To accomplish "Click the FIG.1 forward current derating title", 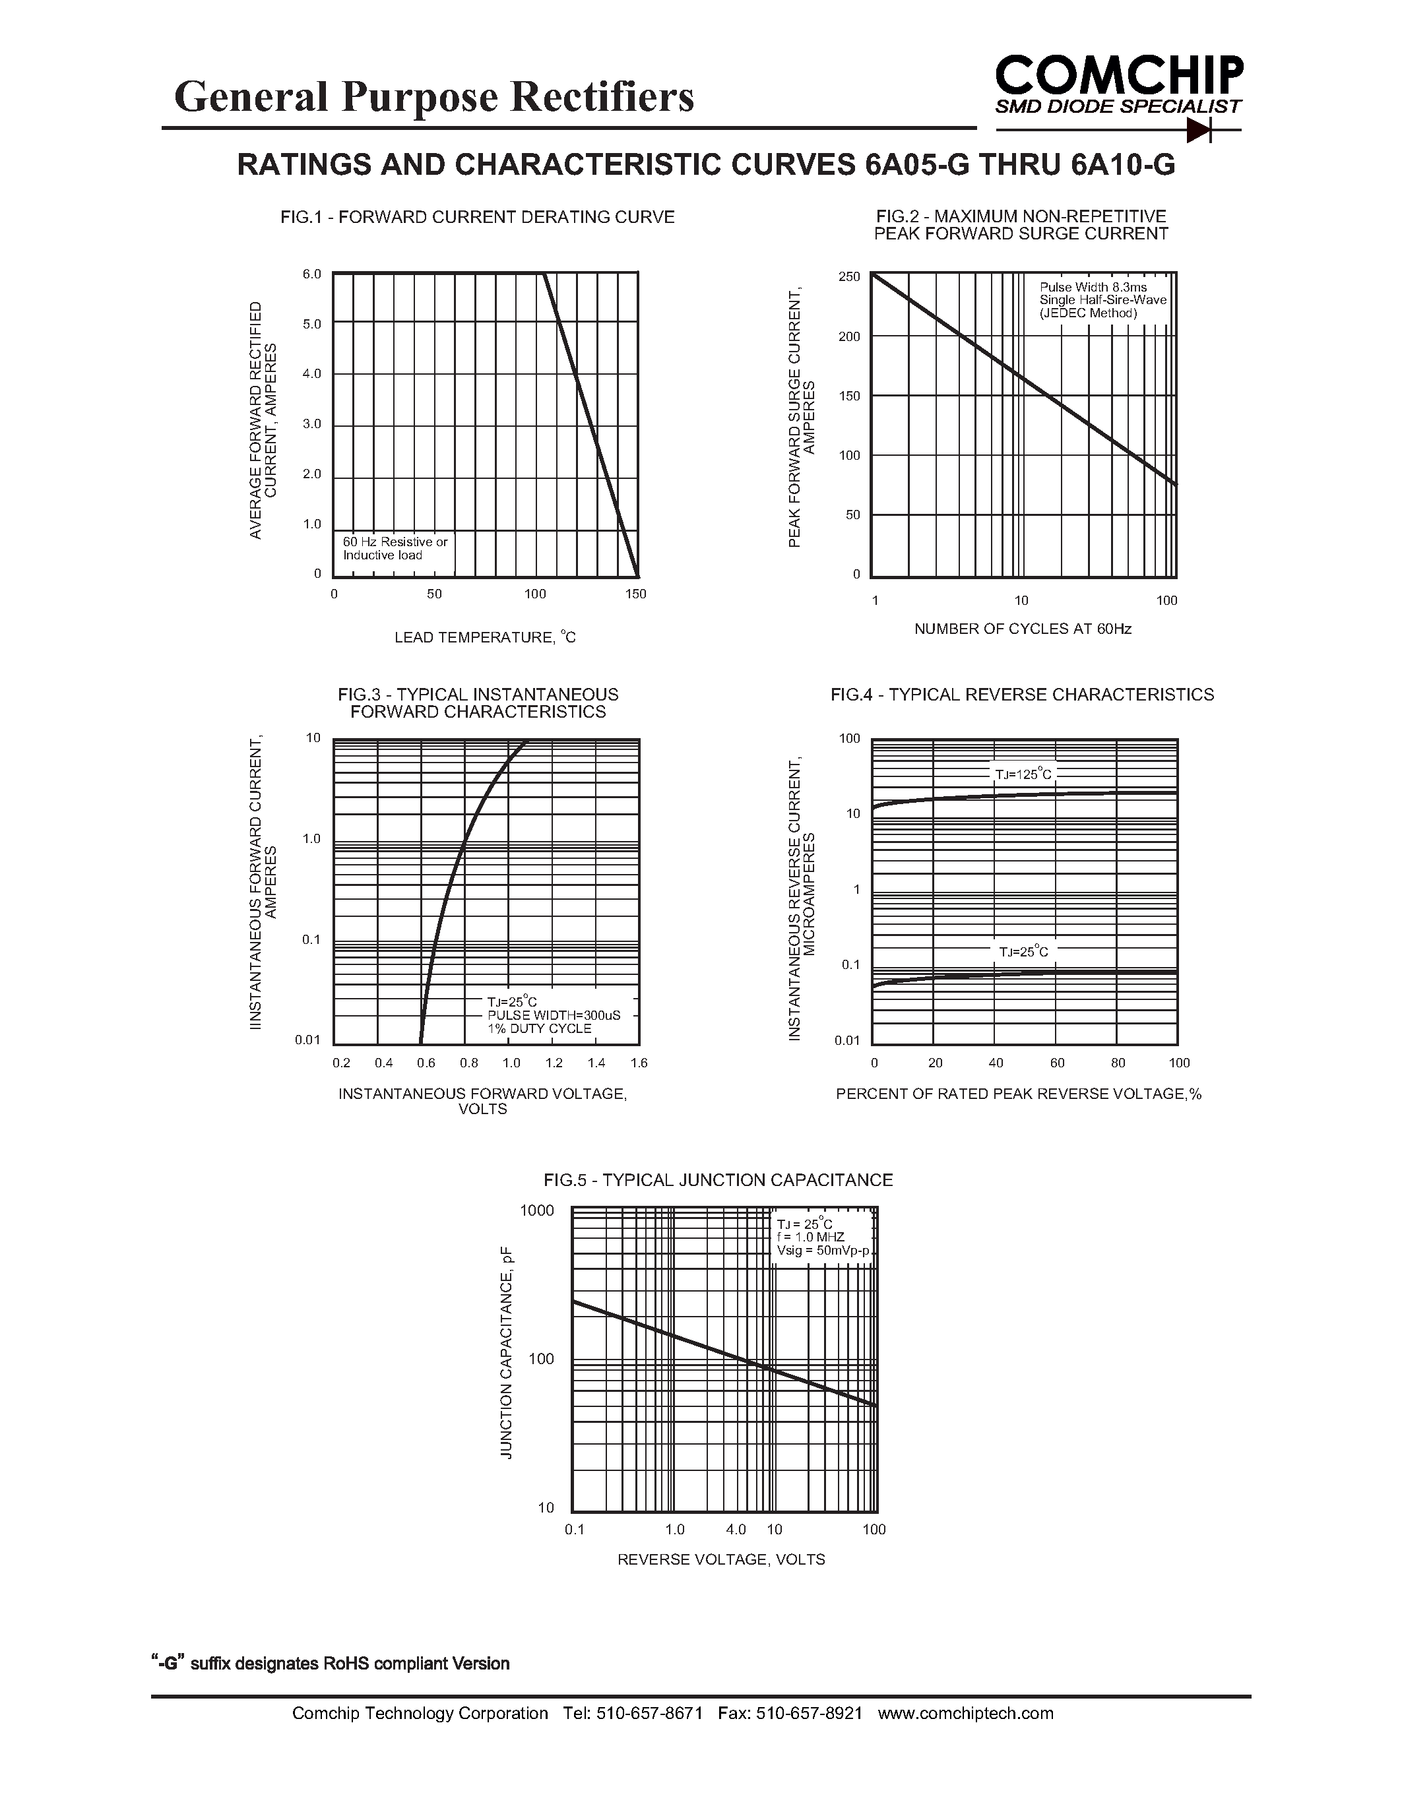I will pyautogui.click(x=477, y=218).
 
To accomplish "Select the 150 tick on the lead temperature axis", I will pyautogui.click(x=636, y=594).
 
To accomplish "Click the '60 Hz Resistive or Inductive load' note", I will pyautogui.click(x=395, y=548).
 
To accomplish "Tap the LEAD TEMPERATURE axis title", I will pyautogui.click(x=484, y=637).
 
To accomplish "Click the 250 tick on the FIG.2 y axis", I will pyautogui.click(x=849, y=276).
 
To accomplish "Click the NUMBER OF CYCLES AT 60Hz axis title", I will pyautogui.click(x=1023, y=629).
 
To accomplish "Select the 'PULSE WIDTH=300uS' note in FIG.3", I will pyautogui.click(x=553, y=1015).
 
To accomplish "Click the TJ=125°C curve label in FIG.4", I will pyautogui.click(x=1023, y=774).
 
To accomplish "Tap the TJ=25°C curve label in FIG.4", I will pyautogui.click(x=1023, y=952).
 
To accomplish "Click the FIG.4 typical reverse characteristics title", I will pyautogui.click(x=1021, y=695).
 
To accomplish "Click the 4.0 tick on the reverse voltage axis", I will pyautogui.click(x=736, y=1529).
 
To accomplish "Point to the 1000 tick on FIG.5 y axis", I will pyautogui.click(x=536, y=1210).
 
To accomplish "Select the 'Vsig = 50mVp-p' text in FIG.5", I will pyautogui.click(x=822, y=1251).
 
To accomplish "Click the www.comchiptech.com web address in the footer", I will pyautogui.click(x=965, y=1712).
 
